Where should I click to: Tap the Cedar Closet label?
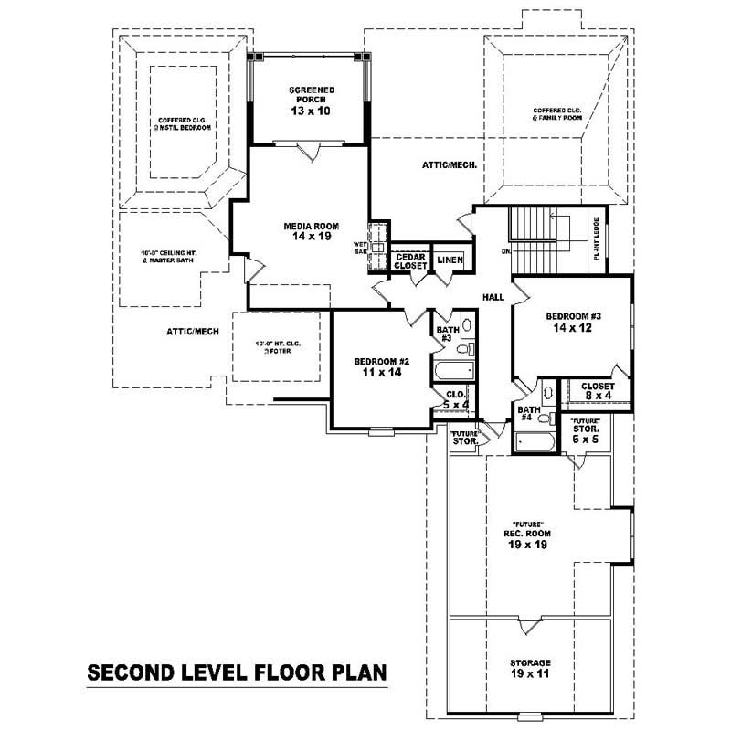point(410,260)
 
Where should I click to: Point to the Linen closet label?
point(450,260)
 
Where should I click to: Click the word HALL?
point(494,297)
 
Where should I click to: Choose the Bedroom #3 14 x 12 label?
point(573,323)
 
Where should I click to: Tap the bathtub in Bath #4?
point(535,442)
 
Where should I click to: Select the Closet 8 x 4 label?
point(598,391)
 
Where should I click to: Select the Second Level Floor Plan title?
point(238,673)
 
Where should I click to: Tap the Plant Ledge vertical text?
point(596,239)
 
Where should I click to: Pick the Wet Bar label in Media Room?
point(360,248)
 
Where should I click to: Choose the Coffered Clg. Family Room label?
point(557,114)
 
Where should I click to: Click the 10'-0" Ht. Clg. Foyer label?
point(276,346)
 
